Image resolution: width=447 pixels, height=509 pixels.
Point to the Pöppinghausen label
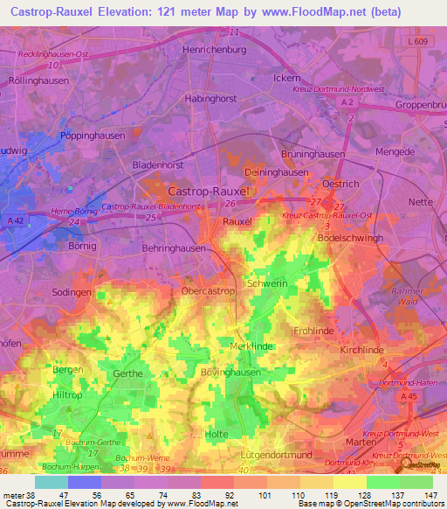(93, 136)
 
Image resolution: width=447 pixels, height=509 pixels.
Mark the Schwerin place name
(266, 284)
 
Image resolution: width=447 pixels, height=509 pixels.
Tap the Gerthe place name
(127, 373)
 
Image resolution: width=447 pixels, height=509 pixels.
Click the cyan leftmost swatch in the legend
(51, 482)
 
